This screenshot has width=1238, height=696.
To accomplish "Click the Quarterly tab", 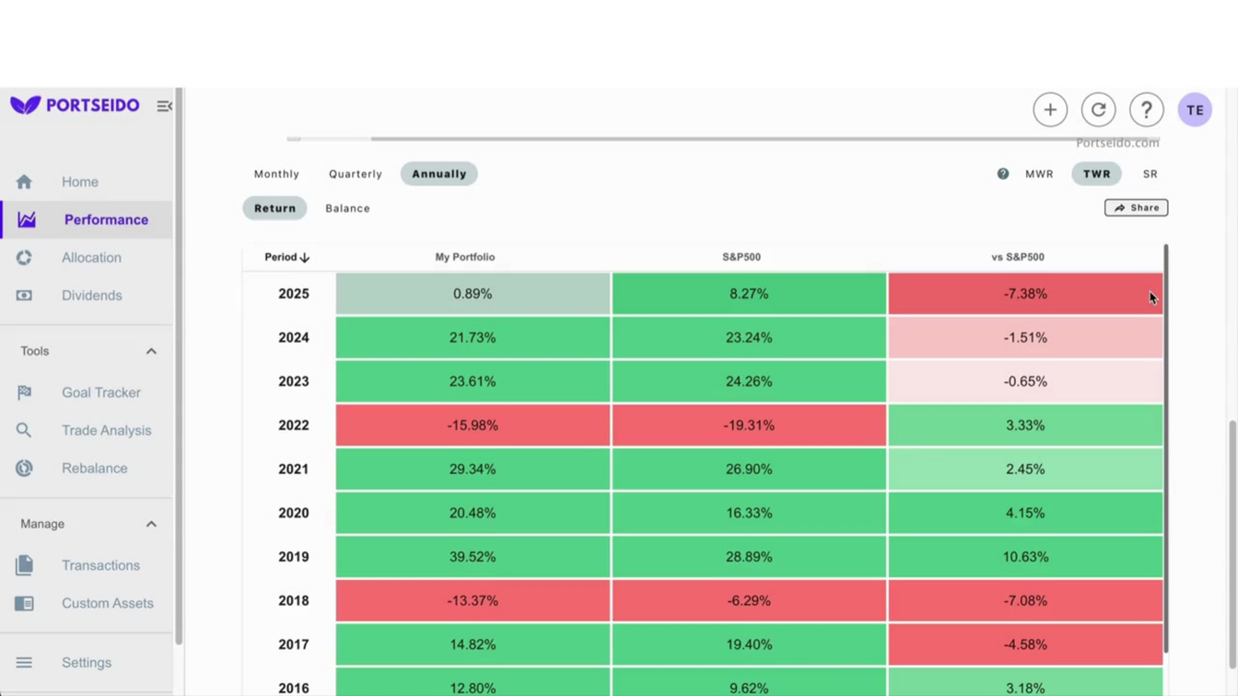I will pyautogui.click(x=355, y=174).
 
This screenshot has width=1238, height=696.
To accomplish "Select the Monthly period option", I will pyautogui.click(x=276, y=174).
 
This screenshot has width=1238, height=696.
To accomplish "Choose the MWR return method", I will pyautogui.click(x=1039, y=174).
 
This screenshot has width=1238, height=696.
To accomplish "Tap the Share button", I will pyautogui.click(x=1136, y=208).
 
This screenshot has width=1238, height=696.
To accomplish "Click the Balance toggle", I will pyautogui.click(x=347, y=208).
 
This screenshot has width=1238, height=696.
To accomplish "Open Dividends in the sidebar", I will pyautogui.click(x=91, y=296).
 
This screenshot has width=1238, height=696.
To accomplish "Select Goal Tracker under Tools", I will pyautogui.click(x=100, y=392).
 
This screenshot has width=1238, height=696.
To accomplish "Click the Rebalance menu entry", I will pyautogui.click(x=94, y=468).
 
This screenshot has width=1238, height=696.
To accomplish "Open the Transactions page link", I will pyautogui.click(x=100, y=565).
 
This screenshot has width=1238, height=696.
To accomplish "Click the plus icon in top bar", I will pyautogui.click(x=1050, y=110).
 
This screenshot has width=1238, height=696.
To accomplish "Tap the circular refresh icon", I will pyautogui.click(x=1098, y=110).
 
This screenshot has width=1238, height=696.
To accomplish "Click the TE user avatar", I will pyautogui.click(x=1195, y=110).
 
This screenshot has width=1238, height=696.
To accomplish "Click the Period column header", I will pyautogui.click(x=286, y=257).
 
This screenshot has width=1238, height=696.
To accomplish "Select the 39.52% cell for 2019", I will pyautogui.click(x=473, y=557).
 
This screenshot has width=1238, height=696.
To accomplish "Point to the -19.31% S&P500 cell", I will pyautogui.click(x=749, y=425).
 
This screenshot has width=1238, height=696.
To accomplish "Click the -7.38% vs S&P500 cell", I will pyautogui.click(x=1025, y=294).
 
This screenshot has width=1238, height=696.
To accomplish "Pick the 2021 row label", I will pyautogui.click(x=293, y=470).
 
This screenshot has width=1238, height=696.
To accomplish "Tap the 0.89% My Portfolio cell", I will pyautogui.click(x=473, y=294).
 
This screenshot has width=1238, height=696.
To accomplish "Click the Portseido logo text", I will pyautogui.click(x=92, y=105).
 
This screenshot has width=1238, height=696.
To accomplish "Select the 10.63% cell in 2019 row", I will pyautogui.click(x=1025, y=557).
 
